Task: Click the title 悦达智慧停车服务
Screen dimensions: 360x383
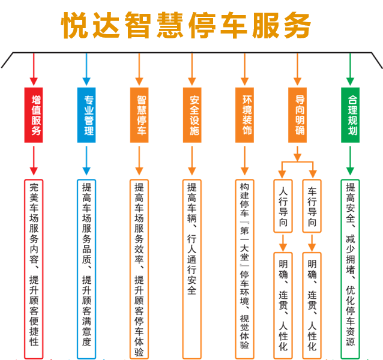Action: click(x=187, y=25)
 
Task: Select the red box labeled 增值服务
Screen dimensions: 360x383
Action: click(x=34, y=115)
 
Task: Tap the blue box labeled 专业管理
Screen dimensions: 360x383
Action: click(x=86, y=115)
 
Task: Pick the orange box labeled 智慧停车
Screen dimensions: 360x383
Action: click(x=139, y=115)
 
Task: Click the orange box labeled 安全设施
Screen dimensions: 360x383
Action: click(x=192, y=115)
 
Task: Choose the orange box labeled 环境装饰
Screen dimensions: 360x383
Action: click(x=245, y=115)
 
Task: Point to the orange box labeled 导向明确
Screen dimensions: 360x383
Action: click(x=298, y=115)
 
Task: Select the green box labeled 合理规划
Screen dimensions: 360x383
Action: click(x=351, y=115)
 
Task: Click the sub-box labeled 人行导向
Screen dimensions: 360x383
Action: click(x=283, y=207)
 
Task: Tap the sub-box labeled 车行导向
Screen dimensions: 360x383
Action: click(x=312, y=207)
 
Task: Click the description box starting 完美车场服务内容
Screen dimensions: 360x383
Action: click(x=34, y=268)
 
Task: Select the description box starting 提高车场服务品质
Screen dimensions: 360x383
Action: click(x=86, y=268)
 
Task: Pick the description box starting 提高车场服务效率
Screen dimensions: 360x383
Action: click(x=139, y=268)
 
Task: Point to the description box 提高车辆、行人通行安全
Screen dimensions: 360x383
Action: click(x=192, y=268)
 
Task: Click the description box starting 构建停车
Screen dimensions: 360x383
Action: click(x=245, y=268)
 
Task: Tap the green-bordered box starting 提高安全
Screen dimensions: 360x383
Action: click(x=351, y=268)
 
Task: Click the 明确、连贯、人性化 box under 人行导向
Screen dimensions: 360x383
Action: click(x=283, y=305)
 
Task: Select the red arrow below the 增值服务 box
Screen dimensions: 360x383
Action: click(x=34, y=161)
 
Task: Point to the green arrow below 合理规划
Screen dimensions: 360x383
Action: click(x=351, y=161)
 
